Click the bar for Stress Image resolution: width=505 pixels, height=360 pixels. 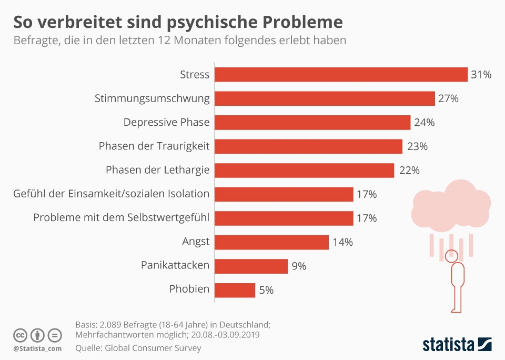tap(341, 75)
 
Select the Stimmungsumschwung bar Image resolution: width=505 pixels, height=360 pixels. tap(325, 98)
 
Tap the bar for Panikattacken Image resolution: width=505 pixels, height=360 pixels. tap(251, 266)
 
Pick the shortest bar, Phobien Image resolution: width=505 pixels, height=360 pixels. tap(235, 290)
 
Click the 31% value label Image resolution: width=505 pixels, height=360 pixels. tap(481, 75)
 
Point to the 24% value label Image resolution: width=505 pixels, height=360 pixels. tap(424, 123)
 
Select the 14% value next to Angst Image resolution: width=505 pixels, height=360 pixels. tap(342, 243)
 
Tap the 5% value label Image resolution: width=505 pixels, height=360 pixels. tap(266, 290)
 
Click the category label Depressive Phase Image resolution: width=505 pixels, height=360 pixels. tap(166, 122)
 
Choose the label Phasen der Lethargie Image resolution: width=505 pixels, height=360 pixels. tap(157, 170)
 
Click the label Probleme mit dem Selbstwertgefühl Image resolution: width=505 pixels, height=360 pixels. tap(121, 218)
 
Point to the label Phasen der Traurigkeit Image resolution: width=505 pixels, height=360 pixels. tap(154, 146)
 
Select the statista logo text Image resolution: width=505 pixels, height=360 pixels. tap(447, 345)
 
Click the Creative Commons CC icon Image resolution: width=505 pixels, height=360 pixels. tap(20, 335)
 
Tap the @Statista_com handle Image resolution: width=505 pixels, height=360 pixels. tap(37, 348)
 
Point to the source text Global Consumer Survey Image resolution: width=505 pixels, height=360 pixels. tap(153, 348)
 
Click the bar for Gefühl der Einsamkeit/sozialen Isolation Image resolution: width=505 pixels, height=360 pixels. tap(284, 194)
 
